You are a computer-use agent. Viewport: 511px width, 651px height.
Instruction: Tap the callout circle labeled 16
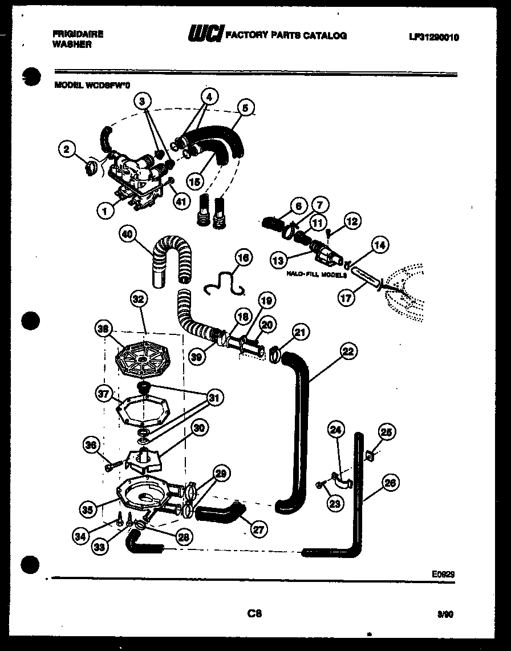tap(244, 258)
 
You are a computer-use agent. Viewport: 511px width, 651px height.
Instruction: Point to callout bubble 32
tap(139, 298)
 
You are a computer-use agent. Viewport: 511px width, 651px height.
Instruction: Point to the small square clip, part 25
tap(369, 455)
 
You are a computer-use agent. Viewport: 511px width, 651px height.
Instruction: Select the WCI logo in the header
tap(206, 35)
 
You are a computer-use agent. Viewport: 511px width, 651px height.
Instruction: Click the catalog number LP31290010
tap(433, 38)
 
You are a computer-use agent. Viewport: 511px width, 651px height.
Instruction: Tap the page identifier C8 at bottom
tap(254, 614)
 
